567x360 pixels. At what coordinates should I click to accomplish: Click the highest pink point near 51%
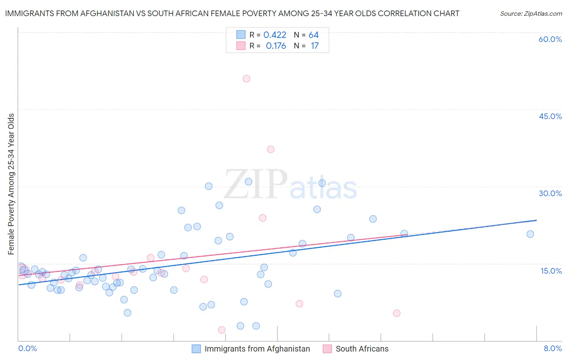246,79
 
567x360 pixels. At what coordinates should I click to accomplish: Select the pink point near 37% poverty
271,149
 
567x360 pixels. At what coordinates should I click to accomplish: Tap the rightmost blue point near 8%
530,234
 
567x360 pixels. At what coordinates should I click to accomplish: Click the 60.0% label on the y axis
550,39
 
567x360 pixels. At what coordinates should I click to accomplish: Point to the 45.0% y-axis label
550,116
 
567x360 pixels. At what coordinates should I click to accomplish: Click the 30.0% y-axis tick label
550,193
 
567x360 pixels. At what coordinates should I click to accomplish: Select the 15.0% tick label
551,271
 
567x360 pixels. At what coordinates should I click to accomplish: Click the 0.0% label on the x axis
27,349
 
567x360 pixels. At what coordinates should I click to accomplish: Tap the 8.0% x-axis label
552,349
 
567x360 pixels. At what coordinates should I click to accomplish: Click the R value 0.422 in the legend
275,35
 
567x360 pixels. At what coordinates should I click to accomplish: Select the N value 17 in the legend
315,46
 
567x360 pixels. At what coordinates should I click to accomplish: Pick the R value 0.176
276,46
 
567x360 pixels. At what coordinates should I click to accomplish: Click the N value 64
314,35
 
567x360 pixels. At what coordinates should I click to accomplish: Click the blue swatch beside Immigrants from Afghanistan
196,349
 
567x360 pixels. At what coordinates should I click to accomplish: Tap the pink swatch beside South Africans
327,349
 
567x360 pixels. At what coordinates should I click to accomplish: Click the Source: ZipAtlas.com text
531,14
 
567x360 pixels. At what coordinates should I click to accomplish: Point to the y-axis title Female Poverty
11,184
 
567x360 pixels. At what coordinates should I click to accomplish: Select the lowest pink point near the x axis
221,330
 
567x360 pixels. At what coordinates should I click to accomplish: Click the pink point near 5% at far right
396,313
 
